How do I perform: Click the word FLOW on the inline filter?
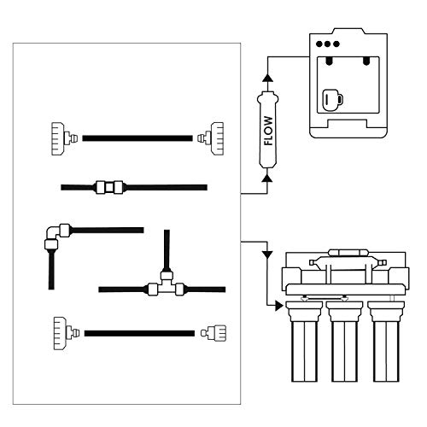pos(268,131)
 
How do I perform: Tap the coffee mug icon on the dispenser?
pos(332,100)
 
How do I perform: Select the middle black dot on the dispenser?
pos(328,44)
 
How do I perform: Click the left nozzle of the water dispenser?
pos(329,61)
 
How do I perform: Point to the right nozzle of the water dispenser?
pos(366,61)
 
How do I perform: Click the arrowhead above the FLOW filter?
pos(267,78)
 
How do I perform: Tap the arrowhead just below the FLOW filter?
pos(267,178)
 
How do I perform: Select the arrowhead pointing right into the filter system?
pos(279,306)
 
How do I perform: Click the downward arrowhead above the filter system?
pos(267,254)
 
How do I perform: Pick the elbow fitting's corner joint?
pos(54,232)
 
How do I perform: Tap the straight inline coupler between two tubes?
pos(109,187)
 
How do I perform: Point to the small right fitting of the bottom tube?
pos(213,333)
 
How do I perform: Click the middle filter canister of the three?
pos(344,341)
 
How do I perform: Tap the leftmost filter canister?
pos(304,341)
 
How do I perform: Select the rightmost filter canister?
pos(386,341)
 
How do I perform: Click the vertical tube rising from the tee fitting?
pos(167,250)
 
